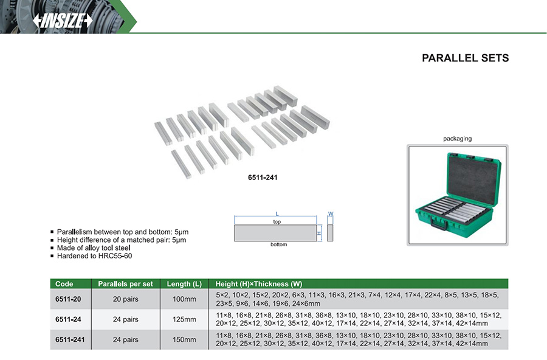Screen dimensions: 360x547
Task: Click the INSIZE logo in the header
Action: (x=63, y=20)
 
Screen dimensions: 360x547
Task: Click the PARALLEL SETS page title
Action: (x=465, y=58)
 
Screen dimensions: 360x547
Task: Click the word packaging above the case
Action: (x=457, y=139)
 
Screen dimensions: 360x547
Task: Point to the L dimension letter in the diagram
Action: (x=277, y=213)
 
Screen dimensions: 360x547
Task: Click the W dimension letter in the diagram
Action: (x=331, y=213)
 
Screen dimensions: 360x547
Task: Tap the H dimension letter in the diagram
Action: (x=318, y=233)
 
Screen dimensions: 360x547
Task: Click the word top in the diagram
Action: (x=277, y=222)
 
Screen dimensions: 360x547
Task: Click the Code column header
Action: (x=64, y=284)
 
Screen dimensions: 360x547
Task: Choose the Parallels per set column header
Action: (x=125, y=284)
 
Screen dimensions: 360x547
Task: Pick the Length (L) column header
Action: (x=184, y=284)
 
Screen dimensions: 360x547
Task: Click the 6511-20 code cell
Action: (x=67, y=299)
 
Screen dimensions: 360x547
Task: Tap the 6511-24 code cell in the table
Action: (x=67, y=319)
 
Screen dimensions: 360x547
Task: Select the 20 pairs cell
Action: (x=126, y=299)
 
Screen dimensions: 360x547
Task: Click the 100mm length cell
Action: (x=184, y=299)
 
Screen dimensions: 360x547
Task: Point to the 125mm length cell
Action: (x=184, y=319)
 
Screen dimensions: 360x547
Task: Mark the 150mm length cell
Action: (x=184, y=339)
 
